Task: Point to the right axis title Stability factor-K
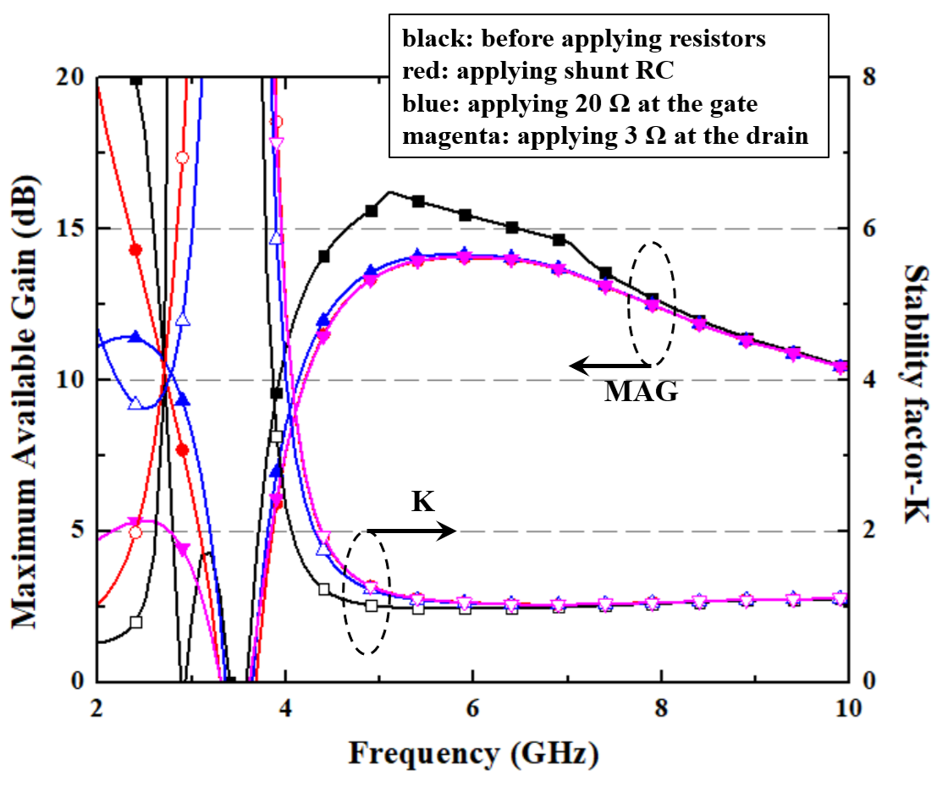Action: coord(917,380)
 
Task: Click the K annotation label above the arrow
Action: coord(423,502)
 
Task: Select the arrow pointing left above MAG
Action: coord(609,366)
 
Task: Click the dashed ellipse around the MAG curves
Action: coord(651,302)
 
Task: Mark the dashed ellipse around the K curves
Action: coord(366,592)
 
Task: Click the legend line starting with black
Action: coord(584,40)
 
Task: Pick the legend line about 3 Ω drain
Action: coord(605,136)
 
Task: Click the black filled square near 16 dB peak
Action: coord(371,210)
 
